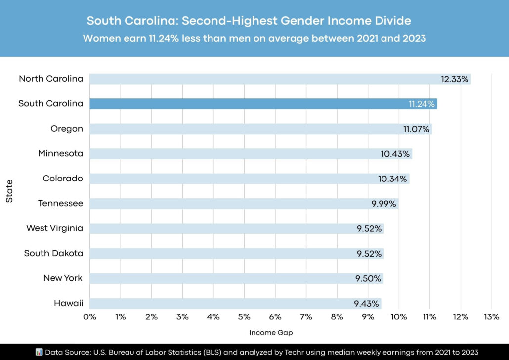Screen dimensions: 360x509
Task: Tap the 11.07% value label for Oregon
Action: [417, 129]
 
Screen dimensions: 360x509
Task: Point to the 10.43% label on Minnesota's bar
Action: [395, 154]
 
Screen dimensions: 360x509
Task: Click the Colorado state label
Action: [63, 178]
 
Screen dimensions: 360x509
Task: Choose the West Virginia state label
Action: [54, 228]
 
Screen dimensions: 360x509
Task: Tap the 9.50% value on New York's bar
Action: [368, 278]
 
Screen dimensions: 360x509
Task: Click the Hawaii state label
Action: [68, 303]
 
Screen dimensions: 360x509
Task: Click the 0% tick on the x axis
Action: [89, 316]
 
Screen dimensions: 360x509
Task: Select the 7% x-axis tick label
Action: [306, 316]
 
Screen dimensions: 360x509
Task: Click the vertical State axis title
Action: [10, 191]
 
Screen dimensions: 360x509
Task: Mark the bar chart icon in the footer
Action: [39, 352]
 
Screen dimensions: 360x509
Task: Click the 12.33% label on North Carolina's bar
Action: [455, 79]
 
